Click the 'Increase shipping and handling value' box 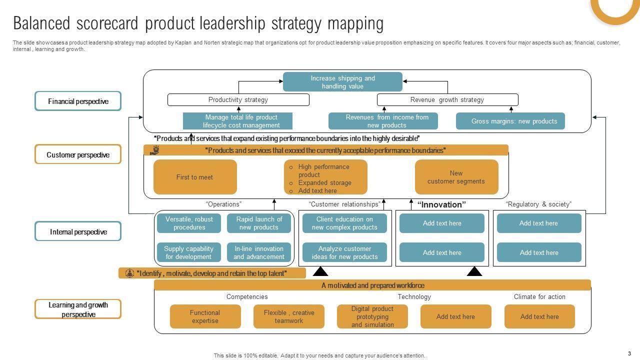coord(342,82)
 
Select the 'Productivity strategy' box coord(238,100)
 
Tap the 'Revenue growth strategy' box coord(447,100)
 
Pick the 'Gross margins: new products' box coord(510,121)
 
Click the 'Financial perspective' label coord(78,101)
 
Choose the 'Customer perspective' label coord(78,154)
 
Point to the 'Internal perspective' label coord(78,231)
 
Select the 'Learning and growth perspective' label coord(78,309)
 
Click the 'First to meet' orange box coord(195,177)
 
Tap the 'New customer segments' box coord(456,177)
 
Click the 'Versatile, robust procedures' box coord(189,223)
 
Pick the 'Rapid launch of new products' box coord(259,223)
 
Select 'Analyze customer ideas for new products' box coord(344,252)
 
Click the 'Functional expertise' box coord(205,316)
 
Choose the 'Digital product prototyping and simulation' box coord(372,316)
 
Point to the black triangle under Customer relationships coord(320,272)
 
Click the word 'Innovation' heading coord(441,204)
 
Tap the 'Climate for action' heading coord(539,296)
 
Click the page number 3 coord(629,353)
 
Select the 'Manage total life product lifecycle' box coord(237,121)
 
